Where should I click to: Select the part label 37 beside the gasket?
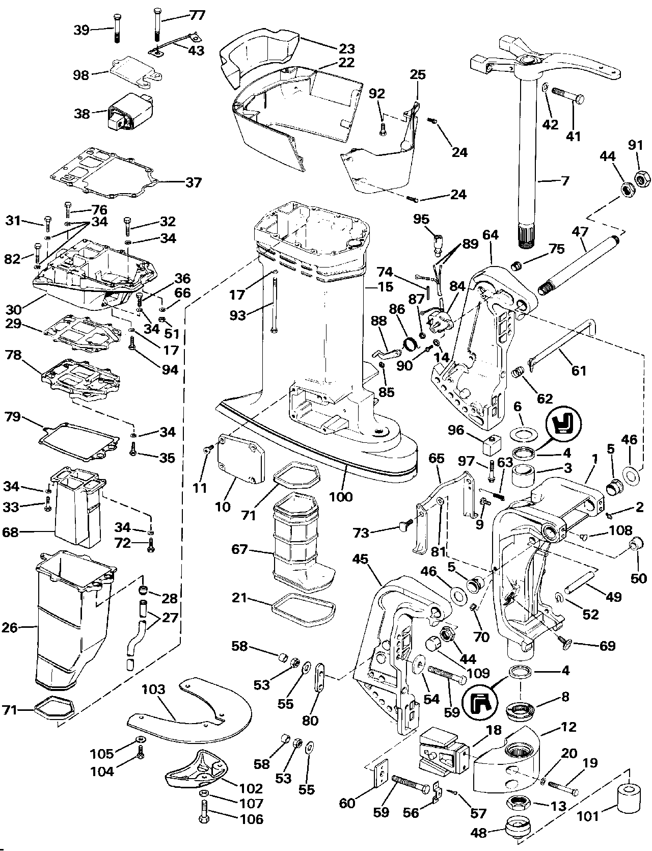pyautogui.click(x=193, y=182)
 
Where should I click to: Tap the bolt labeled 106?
pyautogui.click(x=204, y=820)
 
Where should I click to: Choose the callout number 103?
pyautogui.click(x=154, y=689)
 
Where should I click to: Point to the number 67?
pyautogui.click(x=239, y=549)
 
